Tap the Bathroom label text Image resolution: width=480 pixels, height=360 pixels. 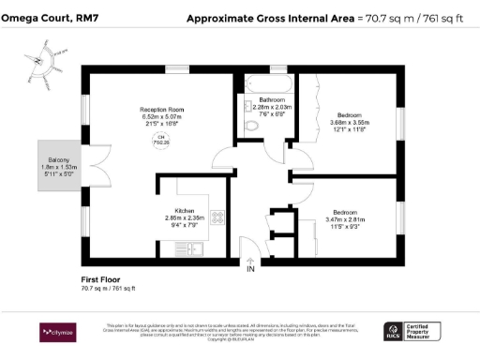(272, 99)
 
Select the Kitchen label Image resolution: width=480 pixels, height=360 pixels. (184, 210)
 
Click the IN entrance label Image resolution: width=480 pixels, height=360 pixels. (250, 271)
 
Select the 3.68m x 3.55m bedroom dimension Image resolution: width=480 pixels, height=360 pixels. (351, 122)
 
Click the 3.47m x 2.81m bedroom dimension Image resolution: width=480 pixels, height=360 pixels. (351, 218)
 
